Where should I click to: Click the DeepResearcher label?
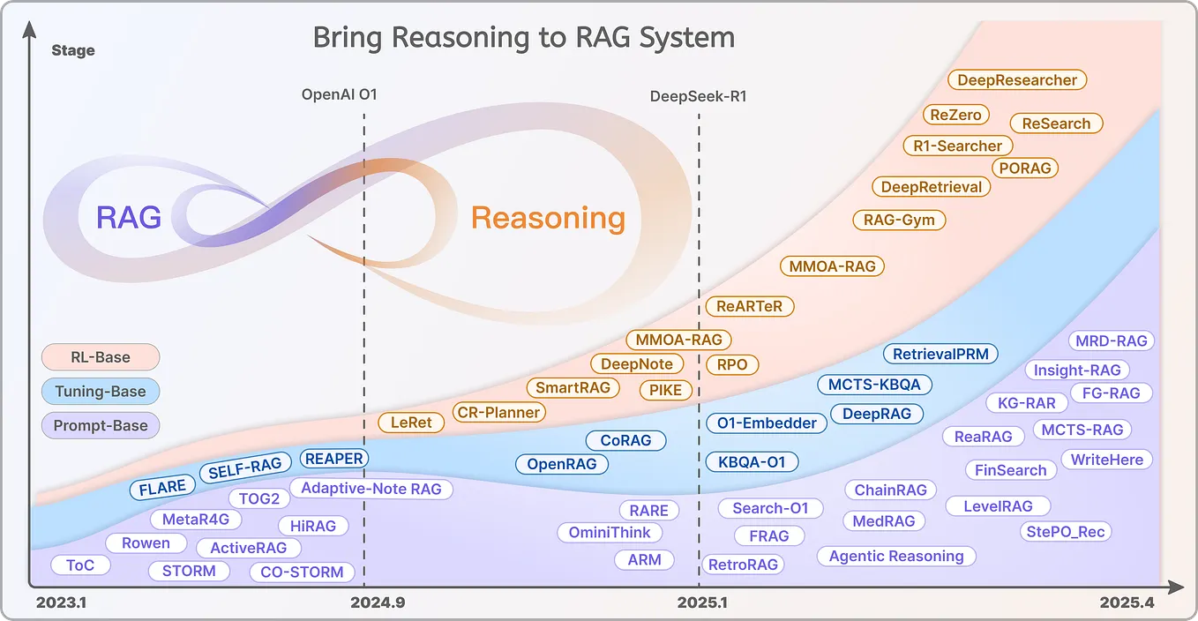coord(1017,80)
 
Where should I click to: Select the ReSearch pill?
coord(1056,123)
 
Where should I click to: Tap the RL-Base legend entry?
coord(100,357)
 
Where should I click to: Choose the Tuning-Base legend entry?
coord(100,392)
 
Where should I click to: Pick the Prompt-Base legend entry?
coord(100,425)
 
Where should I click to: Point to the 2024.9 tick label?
coord(378,603)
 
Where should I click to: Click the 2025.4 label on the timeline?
coord(1127,603)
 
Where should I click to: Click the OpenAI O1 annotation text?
coord(339,94)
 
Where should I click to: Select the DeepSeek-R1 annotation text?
coord(698,96)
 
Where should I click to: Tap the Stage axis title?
coord(73,50)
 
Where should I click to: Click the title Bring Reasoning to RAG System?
coord(523,38)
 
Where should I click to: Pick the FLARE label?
coord(162,487)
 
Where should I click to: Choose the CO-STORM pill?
coord(302,572)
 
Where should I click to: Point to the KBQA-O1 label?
coord(751,461)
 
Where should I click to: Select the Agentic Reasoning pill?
coord(895,556)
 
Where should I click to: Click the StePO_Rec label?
coord(1065,531)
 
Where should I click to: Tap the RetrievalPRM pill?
coord(940,355)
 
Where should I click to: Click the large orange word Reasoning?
coord(548,218)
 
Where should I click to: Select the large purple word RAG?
coord(129,217)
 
